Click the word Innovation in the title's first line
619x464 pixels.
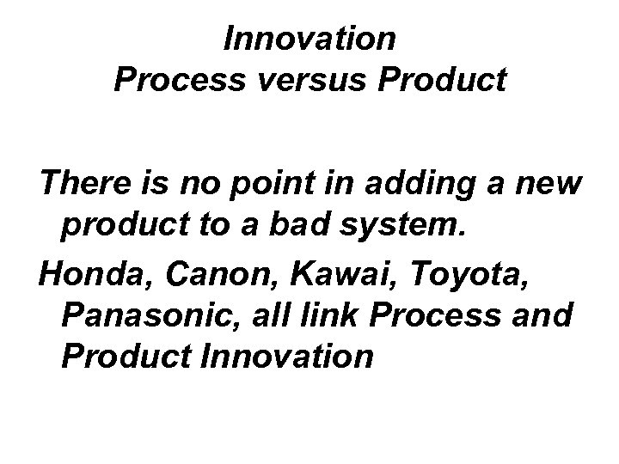coord(309,39)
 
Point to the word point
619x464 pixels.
coord(259,184)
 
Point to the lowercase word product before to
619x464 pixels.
coord(117,226)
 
